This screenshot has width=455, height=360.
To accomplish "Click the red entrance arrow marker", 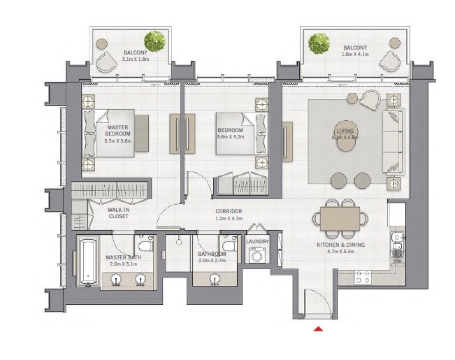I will click(319, 328).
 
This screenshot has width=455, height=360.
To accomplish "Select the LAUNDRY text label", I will click(258, 242).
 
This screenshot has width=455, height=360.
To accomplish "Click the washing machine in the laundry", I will click(258, 256).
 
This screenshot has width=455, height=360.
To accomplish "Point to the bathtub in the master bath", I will click(87, 262).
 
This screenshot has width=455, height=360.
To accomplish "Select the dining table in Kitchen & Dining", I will click(340, 217).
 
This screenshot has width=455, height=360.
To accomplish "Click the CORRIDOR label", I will click(229, 211).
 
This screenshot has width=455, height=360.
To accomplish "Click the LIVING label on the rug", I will click(345, 131).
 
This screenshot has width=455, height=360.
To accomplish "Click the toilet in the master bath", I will click(145, 245).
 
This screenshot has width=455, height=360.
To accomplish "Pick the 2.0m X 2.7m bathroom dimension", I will click(212, 260).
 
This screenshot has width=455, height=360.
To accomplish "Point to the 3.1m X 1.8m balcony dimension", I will click(136, 60).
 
